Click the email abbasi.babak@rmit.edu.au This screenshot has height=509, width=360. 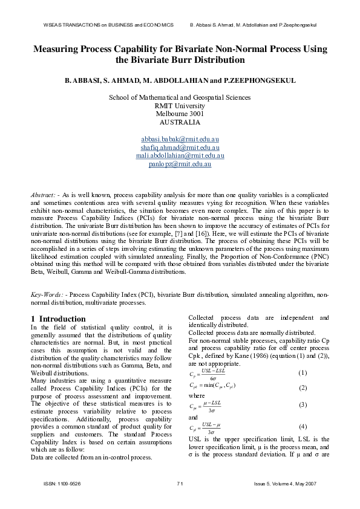[179, 139]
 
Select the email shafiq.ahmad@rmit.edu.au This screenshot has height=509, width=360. [179, 147]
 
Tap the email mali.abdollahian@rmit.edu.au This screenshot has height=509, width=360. [179, 155]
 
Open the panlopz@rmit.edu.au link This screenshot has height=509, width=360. [179, 163]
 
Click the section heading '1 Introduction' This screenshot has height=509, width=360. [58, 319]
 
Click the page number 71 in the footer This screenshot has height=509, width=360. [180, 484]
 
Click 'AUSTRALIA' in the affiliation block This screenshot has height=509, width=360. [179, 121]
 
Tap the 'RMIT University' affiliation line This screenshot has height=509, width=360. [179, 105]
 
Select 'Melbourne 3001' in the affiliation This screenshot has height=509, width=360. [179, 113]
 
